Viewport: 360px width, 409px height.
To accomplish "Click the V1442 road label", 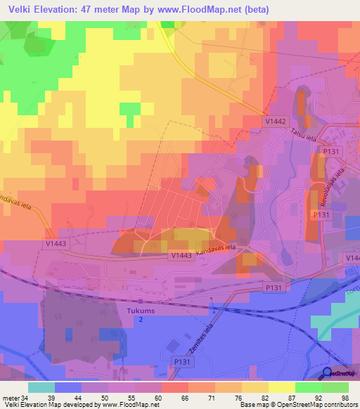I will [x=276, y=122].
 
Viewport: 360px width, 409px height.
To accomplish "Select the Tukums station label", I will [x=139, y=309].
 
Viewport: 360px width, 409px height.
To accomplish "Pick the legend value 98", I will [x=344, y=398].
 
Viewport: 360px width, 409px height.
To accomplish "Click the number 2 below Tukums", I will [x=139, y=319].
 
